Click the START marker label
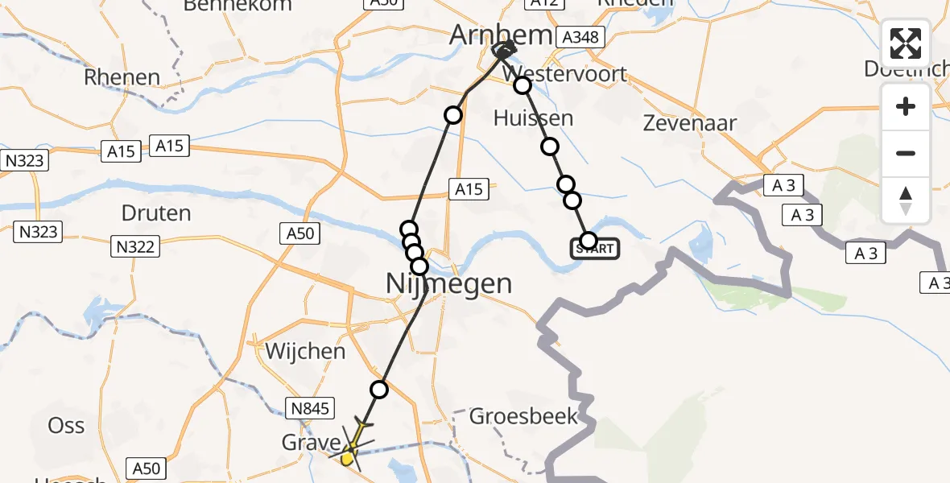pos(596,249)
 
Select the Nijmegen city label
pos(449,283)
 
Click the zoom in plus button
pos(906,106)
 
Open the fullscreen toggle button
pos(906,43)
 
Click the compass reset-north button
pos(906,200)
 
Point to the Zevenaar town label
pos(679,123)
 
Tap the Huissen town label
pos(534,118)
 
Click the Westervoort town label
pos(564,74)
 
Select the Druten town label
pos(156,213)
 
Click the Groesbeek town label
pos(524,416)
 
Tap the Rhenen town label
pos(122,77)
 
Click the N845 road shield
pos(310,408)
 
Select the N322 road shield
pos(134,246)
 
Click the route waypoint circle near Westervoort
pos(522,85)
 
